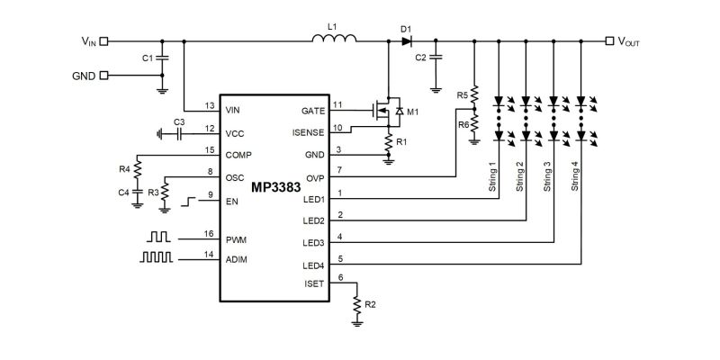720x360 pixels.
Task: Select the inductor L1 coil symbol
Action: tap(335, 40)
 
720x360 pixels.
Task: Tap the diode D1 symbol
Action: tap(406, 40)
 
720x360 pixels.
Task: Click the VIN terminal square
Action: tap(103, 40)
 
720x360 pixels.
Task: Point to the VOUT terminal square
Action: tap(611, 40)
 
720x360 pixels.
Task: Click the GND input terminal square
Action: tap(103, 76)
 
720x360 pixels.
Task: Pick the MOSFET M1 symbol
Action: tap(384, 111)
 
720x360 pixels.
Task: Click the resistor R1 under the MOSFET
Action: tap(388, 142)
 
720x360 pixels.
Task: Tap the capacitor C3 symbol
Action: tap(179, 133)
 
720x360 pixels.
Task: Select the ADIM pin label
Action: tap(238, 259)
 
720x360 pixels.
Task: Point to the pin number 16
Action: tap(210, 234)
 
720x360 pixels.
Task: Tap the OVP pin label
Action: tap(315, 177)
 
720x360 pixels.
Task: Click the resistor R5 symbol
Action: tap(474, 95)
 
